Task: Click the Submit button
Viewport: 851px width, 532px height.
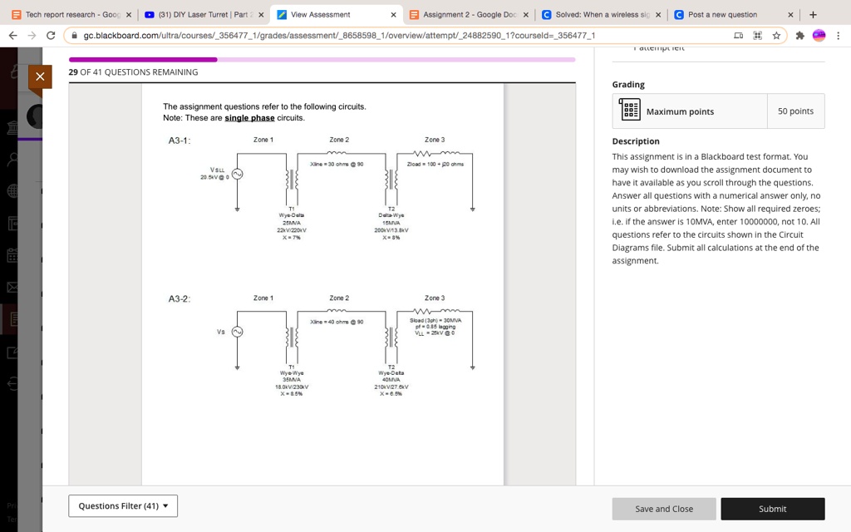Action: [772, 509]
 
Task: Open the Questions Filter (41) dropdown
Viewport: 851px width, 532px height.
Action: [123, 505]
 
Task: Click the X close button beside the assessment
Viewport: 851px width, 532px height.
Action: [39, 76]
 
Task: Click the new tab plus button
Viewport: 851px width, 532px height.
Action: [813, 14]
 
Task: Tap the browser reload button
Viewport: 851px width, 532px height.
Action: [52, 36]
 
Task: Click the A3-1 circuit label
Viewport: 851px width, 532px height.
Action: [180, 140]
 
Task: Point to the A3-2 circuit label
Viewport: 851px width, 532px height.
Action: [180, 298]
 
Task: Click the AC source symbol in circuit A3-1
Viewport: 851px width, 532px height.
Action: [237, 174]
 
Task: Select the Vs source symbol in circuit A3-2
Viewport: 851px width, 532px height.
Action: [237, 332]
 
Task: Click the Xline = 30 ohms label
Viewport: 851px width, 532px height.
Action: [337, 164]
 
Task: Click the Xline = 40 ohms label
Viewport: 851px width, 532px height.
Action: [337, 322]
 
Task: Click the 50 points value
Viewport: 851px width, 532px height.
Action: [795, 111]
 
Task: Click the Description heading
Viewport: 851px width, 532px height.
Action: [636, 141]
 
